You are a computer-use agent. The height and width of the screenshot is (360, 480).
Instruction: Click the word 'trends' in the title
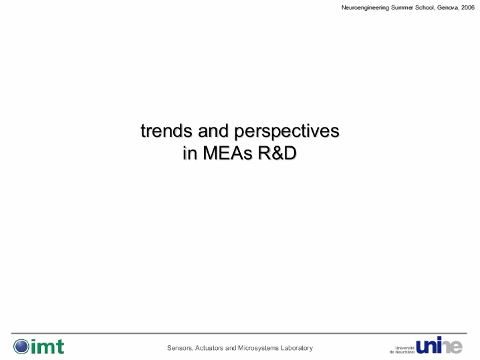tap(166, 131)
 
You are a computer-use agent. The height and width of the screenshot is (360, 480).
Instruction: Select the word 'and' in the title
tap(213, 131)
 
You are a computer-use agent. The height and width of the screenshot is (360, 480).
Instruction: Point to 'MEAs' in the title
tap(227, 153)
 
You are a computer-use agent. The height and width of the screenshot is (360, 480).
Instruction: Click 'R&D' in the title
tap(277, 153)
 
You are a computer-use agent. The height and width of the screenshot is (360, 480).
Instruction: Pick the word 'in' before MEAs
tap(190, 153)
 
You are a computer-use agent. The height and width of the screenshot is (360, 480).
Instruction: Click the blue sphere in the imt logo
tap(21, 347)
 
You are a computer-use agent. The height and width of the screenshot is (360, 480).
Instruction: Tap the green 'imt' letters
tap(47, 347)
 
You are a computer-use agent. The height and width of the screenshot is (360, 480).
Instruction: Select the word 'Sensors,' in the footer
tap(180, 348)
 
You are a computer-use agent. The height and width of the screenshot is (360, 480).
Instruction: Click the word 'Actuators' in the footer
tap(209, 348)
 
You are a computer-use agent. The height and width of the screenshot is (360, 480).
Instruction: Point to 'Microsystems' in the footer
tap(258, 349)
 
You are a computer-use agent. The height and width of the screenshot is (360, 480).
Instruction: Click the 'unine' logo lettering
tap(439, 345)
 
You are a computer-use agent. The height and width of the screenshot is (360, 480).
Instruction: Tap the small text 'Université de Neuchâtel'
tap(402, 350)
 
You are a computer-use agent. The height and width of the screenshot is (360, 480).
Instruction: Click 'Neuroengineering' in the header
tap(365, 8)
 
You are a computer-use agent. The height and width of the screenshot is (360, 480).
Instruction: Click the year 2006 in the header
tap(468, 7)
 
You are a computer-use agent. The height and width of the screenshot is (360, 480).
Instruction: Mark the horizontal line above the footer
tap(239, 333)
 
